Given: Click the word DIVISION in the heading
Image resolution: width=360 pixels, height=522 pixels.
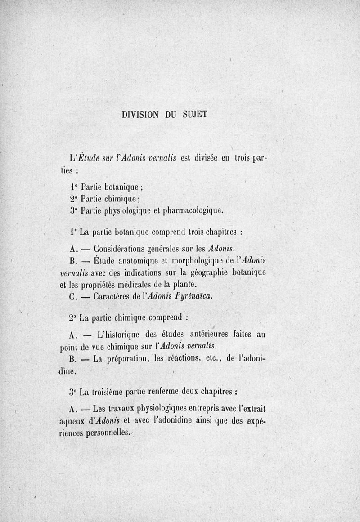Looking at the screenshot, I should point(140,114).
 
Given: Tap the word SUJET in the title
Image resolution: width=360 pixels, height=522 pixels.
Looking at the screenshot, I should point(194,114).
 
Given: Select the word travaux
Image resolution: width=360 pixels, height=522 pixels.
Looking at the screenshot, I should point(121,410).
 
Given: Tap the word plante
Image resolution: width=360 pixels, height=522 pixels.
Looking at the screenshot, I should point(183,285).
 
